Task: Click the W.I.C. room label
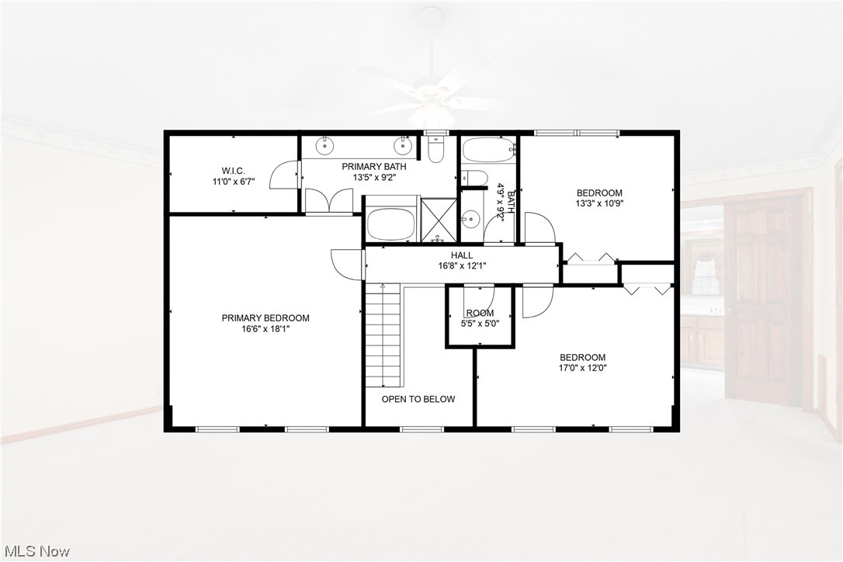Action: coord(233,171)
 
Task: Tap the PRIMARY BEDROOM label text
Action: coord(265,318)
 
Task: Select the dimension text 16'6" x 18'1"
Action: coord(265,329)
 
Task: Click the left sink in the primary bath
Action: coord(326,145)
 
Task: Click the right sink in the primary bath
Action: coord(403,145)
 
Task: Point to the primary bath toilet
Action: coord(435,149)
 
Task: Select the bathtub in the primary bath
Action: coord(391,223)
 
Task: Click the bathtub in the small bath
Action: coord(487,149)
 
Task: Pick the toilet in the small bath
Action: coord(475,177)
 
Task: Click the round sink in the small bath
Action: coord(470,219)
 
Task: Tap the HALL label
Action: coord(462,255)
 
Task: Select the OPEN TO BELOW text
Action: coord(418,399)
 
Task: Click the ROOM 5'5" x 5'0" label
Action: coord(480,318)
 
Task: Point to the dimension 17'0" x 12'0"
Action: coord(583,368)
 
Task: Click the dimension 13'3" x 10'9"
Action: coord(598,203)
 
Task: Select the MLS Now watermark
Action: coord(36,551)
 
